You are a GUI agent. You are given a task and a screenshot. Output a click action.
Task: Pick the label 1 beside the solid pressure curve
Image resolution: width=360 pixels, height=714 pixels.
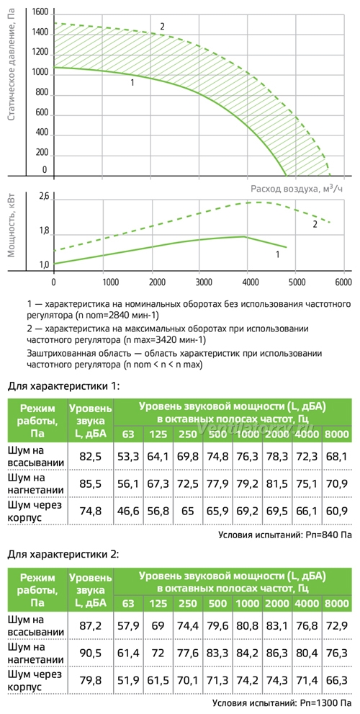pyautogui.click(x=132, y=83)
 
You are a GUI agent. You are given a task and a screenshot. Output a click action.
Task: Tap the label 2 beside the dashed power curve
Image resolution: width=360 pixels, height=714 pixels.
pyautogui.click(x=315, y=225)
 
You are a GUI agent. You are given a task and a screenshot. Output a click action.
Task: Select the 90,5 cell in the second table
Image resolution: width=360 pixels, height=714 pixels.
pyautogui.click(x=91, y=659)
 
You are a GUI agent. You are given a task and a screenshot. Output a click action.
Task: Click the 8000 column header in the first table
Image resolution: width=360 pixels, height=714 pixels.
pyautogui.click(x=337, y=434)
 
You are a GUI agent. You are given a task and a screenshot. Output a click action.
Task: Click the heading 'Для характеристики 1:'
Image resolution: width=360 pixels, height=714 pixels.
pyautogui.click(x=63, y=387)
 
